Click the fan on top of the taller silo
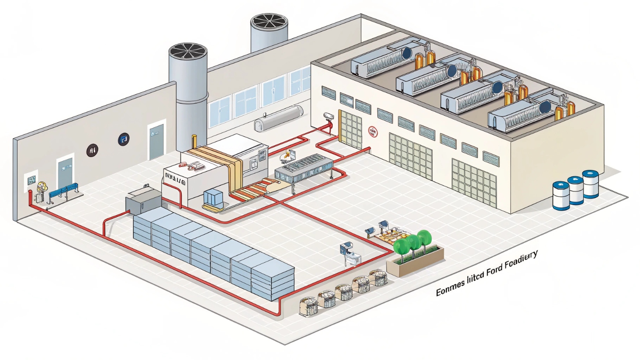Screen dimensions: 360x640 click(188, 53)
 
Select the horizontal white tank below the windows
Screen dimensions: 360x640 click(278, 118)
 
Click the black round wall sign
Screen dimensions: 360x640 click(92, 150)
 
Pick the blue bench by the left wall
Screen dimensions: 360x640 click(64, 192)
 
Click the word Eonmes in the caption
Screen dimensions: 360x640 click(451, 290)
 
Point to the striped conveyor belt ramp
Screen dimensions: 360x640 click(247, 190)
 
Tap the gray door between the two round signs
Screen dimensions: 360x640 click(156, 142)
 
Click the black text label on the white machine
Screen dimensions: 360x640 click(177, 178)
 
